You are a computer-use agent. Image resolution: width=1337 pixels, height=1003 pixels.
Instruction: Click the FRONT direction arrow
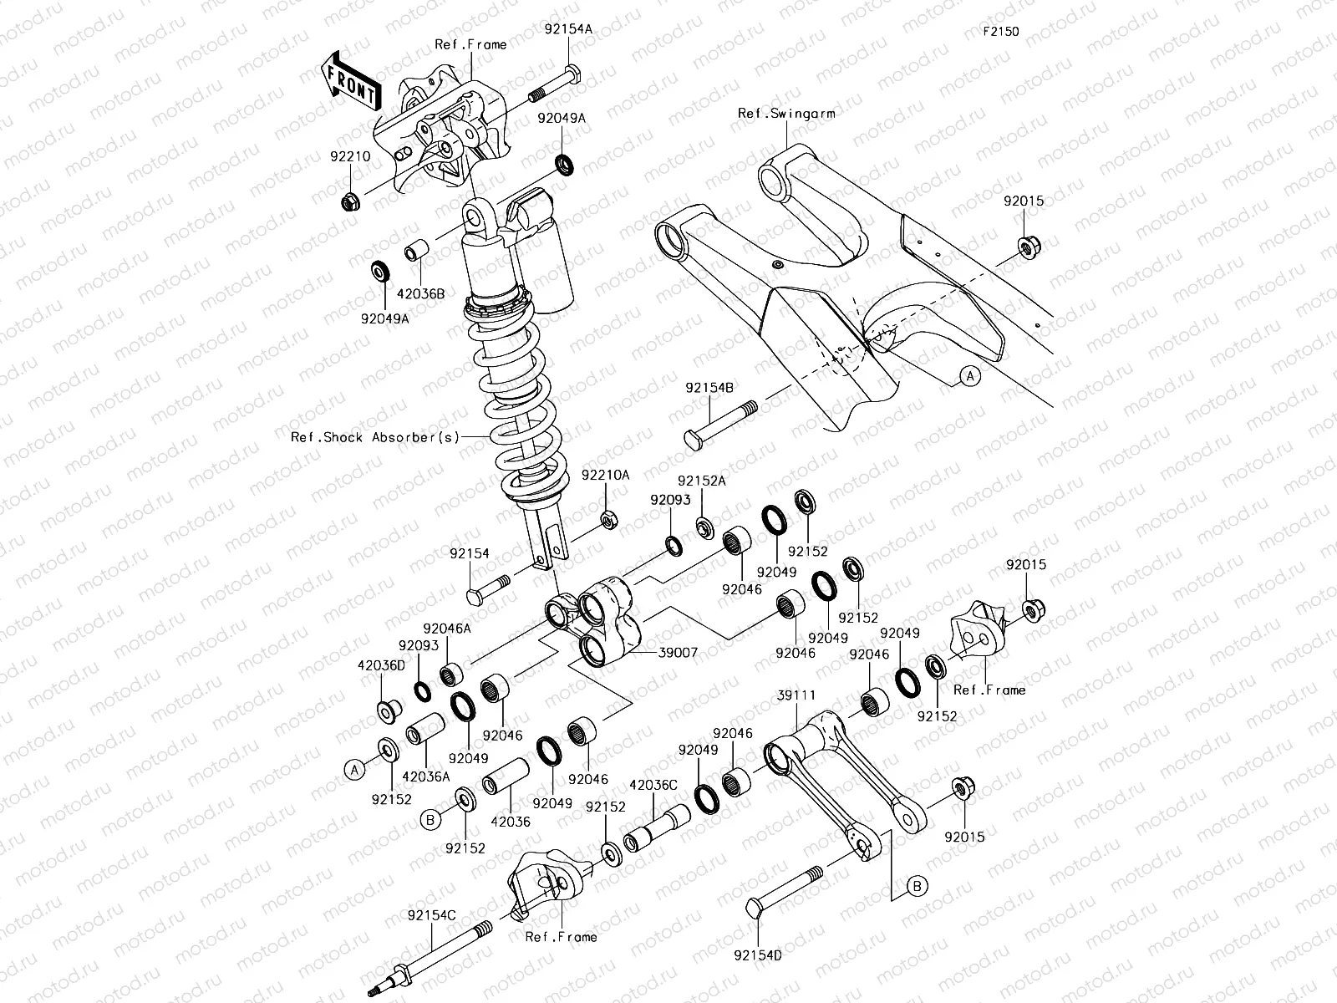pos(350,82)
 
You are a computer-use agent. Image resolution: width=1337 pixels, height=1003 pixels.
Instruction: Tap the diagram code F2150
pos(1000,32)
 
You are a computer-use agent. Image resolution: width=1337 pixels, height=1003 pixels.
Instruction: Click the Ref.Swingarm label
pos(786,114)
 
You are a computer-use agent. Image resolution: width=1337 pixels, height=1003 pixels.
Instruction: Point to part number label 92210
pos(349,155)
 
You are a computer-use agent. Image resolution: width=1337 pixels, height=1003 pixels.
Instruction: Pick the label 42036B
pos(420,293)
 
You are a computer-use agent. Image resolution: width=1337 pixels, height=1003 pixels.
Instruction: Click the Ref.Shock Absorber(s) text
pos(375,437)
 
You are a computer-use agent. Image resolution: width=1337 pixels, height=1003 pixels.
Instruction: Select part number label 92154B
pos(710,388)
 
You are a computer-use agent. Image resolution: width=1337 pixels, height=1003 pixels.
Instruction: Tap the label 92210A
pos(606,475)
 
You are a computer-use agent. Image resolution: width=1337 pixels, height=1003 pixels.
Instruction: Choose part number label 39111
pos(796,695)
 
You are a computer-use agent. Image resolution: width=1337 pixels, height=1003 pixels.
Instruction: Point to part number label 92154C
pos(432,915)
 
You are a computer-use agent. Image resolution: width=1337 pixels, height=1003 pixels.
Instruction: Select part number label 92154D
pos(758,954)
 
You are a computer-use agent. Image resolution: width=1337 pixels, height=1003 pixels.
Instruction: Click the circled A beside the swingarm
pos(969,377)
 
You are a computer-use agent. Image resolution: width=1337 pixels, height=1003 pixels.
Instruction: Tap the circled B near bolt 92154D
pos(917,885)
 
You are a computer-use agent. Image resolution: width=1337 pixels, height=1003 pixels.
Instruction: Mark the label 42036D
pos(381,665)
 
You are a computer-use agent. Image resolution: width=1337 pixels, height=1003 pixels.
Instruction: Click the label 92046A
pos(446,628)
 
